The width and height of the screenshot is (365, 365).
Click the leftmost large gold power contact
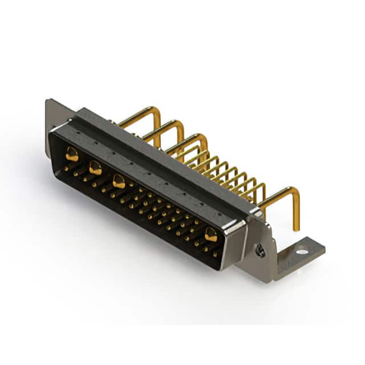click(x=72, y=153)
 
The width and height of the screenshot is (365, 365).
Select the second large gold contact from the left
click(x=95, y=168)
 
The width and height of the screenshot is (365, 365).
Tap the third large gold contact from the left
click(x=119, y=182)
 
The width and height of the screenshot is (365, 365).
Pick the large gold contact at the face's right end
click(x=211, y=234)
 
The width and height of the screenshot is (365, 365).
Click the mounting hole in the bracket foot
click(x=302, y=249)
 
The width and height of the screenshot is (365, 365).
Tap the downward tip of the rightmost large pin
click(x=296, y=227)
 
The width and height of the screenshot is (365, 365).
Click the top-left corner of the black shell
click(x=52, y=132)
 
